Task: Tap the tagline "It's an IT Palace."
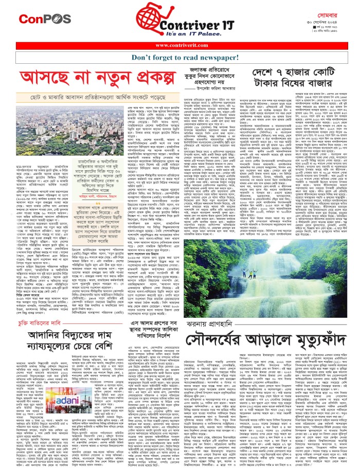[184, 33]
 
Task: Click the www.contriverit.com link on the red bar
[180, 45]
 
